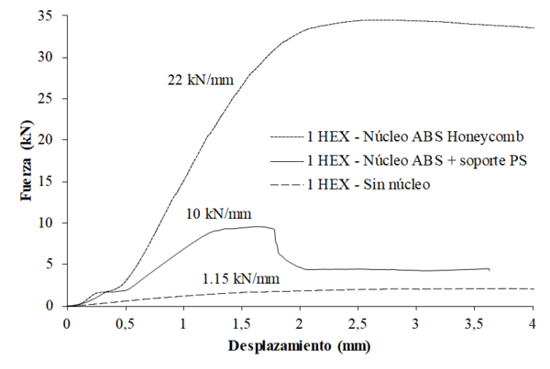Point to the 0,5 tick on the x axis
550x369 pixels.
pyautogui.click(x=125, y=325)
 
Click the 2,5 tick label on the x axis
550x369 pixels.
pyautogui.click(x=358, y=325)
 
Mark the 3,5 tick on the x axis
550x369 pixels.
pyautogui.click(x=475, y=325)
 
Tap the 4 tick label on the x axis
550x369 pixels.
pyautogui.click(x=533, y=325)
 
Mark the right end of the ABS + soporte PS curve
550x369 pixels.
pyautogui.click(x=489, y=269)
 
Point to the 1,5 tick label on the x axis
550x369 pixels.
pyautogui.click(x=241, y=325)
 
